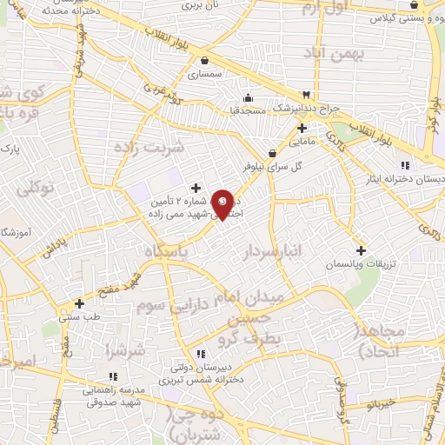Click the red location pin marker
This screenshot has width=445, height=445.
point(223,203)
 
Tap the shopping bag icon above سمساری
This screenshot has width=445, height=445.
point(204,61)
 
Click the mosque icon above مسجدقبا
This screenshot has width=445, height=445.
point(248,96)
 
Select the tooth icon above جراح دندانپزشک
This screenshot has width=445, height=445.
point(306,95)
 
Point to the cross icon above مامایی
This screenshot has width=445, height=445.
point(301,127)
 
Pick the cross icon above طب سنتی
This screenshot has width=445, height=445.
point(80,303)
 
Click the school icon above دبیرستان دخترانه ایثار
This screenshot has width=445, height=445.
point(405,165)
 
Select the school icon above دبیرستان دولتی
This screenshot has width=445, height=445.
point(201,354)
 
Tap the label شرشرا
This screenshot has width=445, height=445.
point(124,352)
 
